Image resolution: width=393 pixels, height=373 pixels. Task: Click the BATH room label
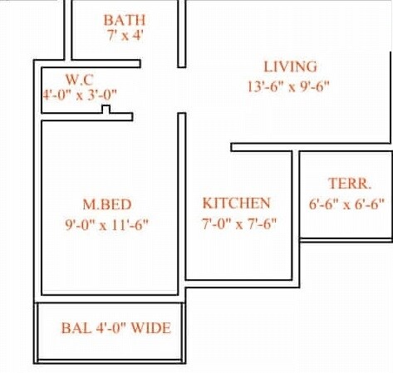pos(125,19)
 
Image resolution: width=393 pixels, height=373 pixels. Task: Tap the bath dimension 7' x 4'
pos(125,36)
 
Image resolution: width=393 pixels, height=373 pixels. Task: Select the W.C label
pos(79,79)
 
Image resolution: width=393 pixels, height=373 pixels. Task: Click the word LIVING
pos(290,66)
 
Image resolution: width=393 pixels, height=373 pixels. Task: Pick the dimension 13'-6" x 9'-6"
pos(289,85)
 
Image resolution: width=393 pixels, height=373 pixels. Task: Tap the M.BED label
pos(106,204)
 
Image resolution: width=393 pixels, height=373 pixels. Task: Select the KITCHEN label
pos(236,203)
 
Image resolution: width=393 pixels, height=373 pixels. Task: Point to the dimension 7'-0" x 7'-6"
pos(239,223)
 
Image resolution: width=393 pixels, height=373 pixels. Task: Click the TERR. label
pos(349,184)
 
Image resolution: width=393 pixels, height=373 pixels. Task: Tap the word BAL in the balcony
pos(73,327)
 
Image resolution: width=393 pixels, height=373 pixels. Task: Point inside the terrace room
pos(345,224)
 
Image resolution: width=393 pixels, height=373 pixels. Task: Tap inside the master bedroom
pos(106,258)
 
